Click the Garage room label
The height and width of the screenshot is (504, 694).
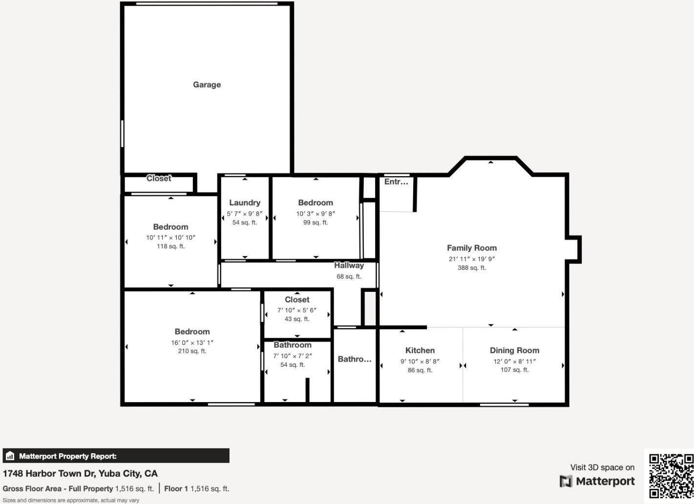207,84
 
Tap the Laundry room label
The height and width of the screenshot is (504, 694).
245,202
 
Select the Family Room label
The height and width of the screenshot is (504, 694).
471,248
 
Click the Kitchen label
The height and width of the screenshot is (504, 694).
420,350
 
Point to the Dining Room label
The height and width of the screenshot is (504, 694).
514,350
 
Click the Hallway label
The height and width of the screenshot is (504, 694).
349,265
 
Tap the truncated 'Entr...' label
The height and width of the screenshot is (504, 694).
396,181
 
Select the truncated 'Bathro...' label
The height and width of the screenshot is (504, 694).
355,359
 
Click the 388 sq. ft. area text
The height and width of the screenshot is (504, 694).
471,267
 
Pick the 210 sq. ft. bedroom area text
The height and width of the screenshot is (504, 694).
192,351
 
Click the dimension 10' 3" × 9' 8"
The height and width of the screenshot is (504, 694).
315,214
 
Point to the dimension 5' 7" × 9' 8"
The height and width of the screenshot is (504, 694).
245,214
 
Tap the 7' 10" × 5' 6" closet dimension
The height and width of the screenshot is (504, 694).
297,310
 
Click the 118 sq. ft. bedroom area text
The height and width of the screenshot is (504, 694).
170,246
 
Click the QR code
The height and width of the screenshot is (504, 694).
671,476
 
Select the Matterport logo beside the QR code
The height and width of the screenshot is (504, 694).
597,481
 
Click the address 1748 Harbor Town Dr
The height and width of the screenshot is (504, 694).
80,473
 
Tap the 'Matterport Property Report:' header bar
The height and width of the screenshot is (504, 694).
116,456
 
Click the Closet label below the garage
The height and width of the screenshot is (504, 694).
159,179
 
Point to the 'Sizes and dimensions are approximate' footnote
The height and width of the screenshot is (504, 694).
71,500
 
